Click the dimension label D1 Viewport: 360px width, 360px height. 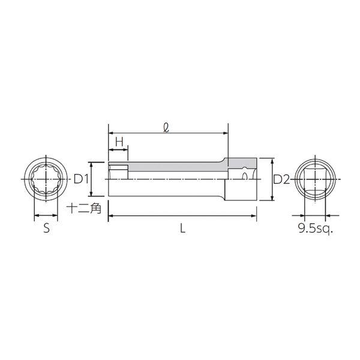(81, 179)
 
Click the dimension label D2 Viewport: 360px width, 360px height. (281, 179)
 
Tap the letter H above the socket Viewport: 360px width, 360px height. (119, 142)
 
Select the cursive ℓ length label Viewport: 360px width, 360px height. (166, 128)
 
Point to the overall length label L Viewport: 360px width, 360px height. (182, 229)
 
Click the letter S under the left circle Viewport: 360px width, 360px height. (46, 229)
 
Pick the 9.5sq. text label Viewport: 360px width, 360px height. (315, 229)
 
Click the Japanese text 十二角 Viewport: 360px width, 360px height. (84, 208)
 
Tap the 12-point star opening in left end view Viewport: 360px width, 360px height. (46, 179)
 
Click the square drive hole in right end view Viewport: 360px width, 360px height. (315, 179)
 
